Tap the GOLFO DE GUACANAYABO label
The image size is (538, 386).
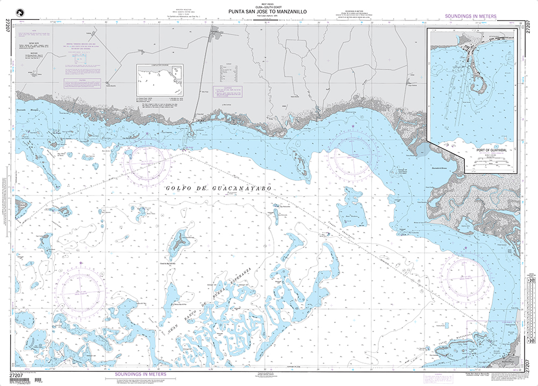217,189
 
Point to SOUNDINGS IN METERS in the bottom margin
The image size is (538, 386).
141,373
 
